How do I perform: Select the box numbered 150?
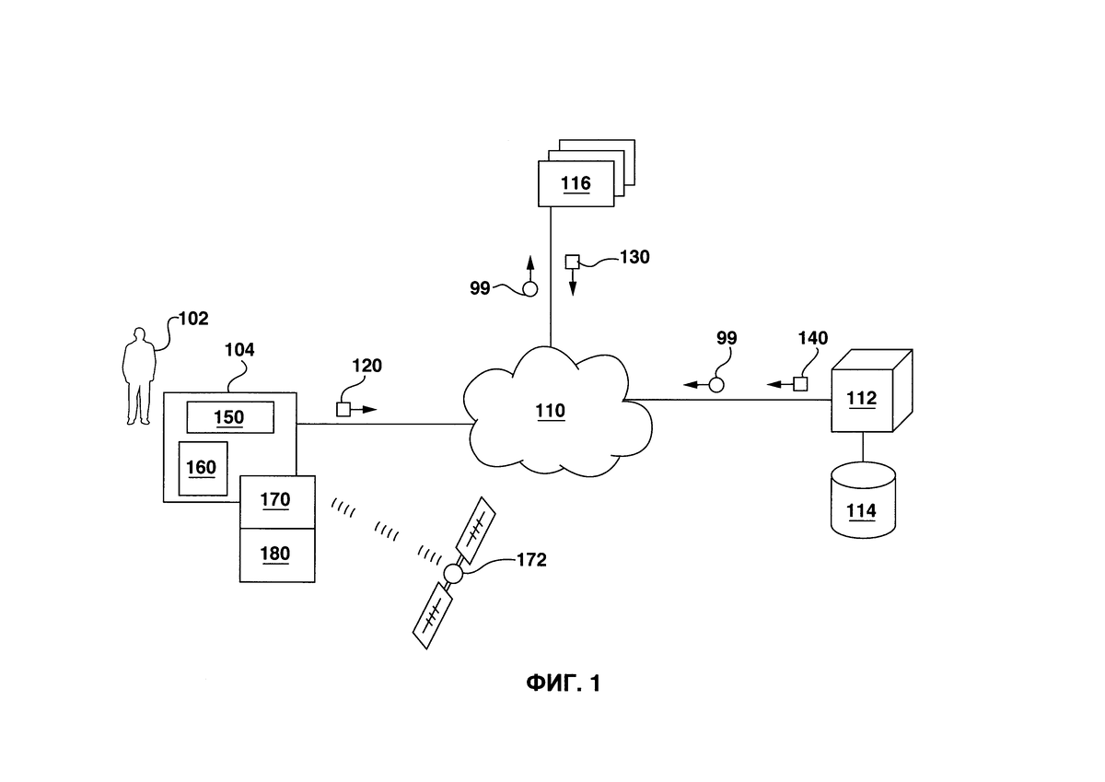tap(229, 417)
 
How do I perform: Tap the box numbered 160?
tap(202, 468)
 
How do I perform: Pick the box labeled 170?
tap(276, 501)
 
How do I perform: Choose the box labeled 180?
tap(276, 554)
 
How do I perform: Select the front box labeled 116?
tap(576, 183)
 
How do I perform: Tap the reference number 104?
tap(239, 350)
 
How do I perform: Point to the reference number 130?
tap(634, 257)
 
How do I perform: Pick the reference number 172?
tap(531, 559)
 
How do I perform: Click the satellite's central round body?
tap(452, 574)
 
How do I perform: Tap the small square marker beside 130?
tap(572, 261)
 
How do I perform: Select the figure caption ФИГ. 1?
tap(563, 683)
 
